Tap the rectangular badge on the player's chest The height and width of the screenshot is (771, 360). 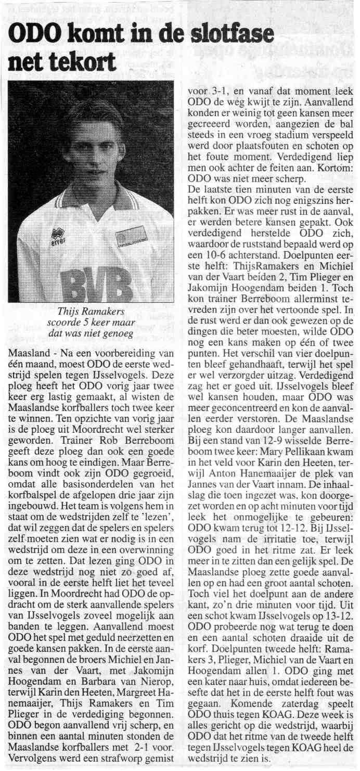[x=131, y=237]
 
